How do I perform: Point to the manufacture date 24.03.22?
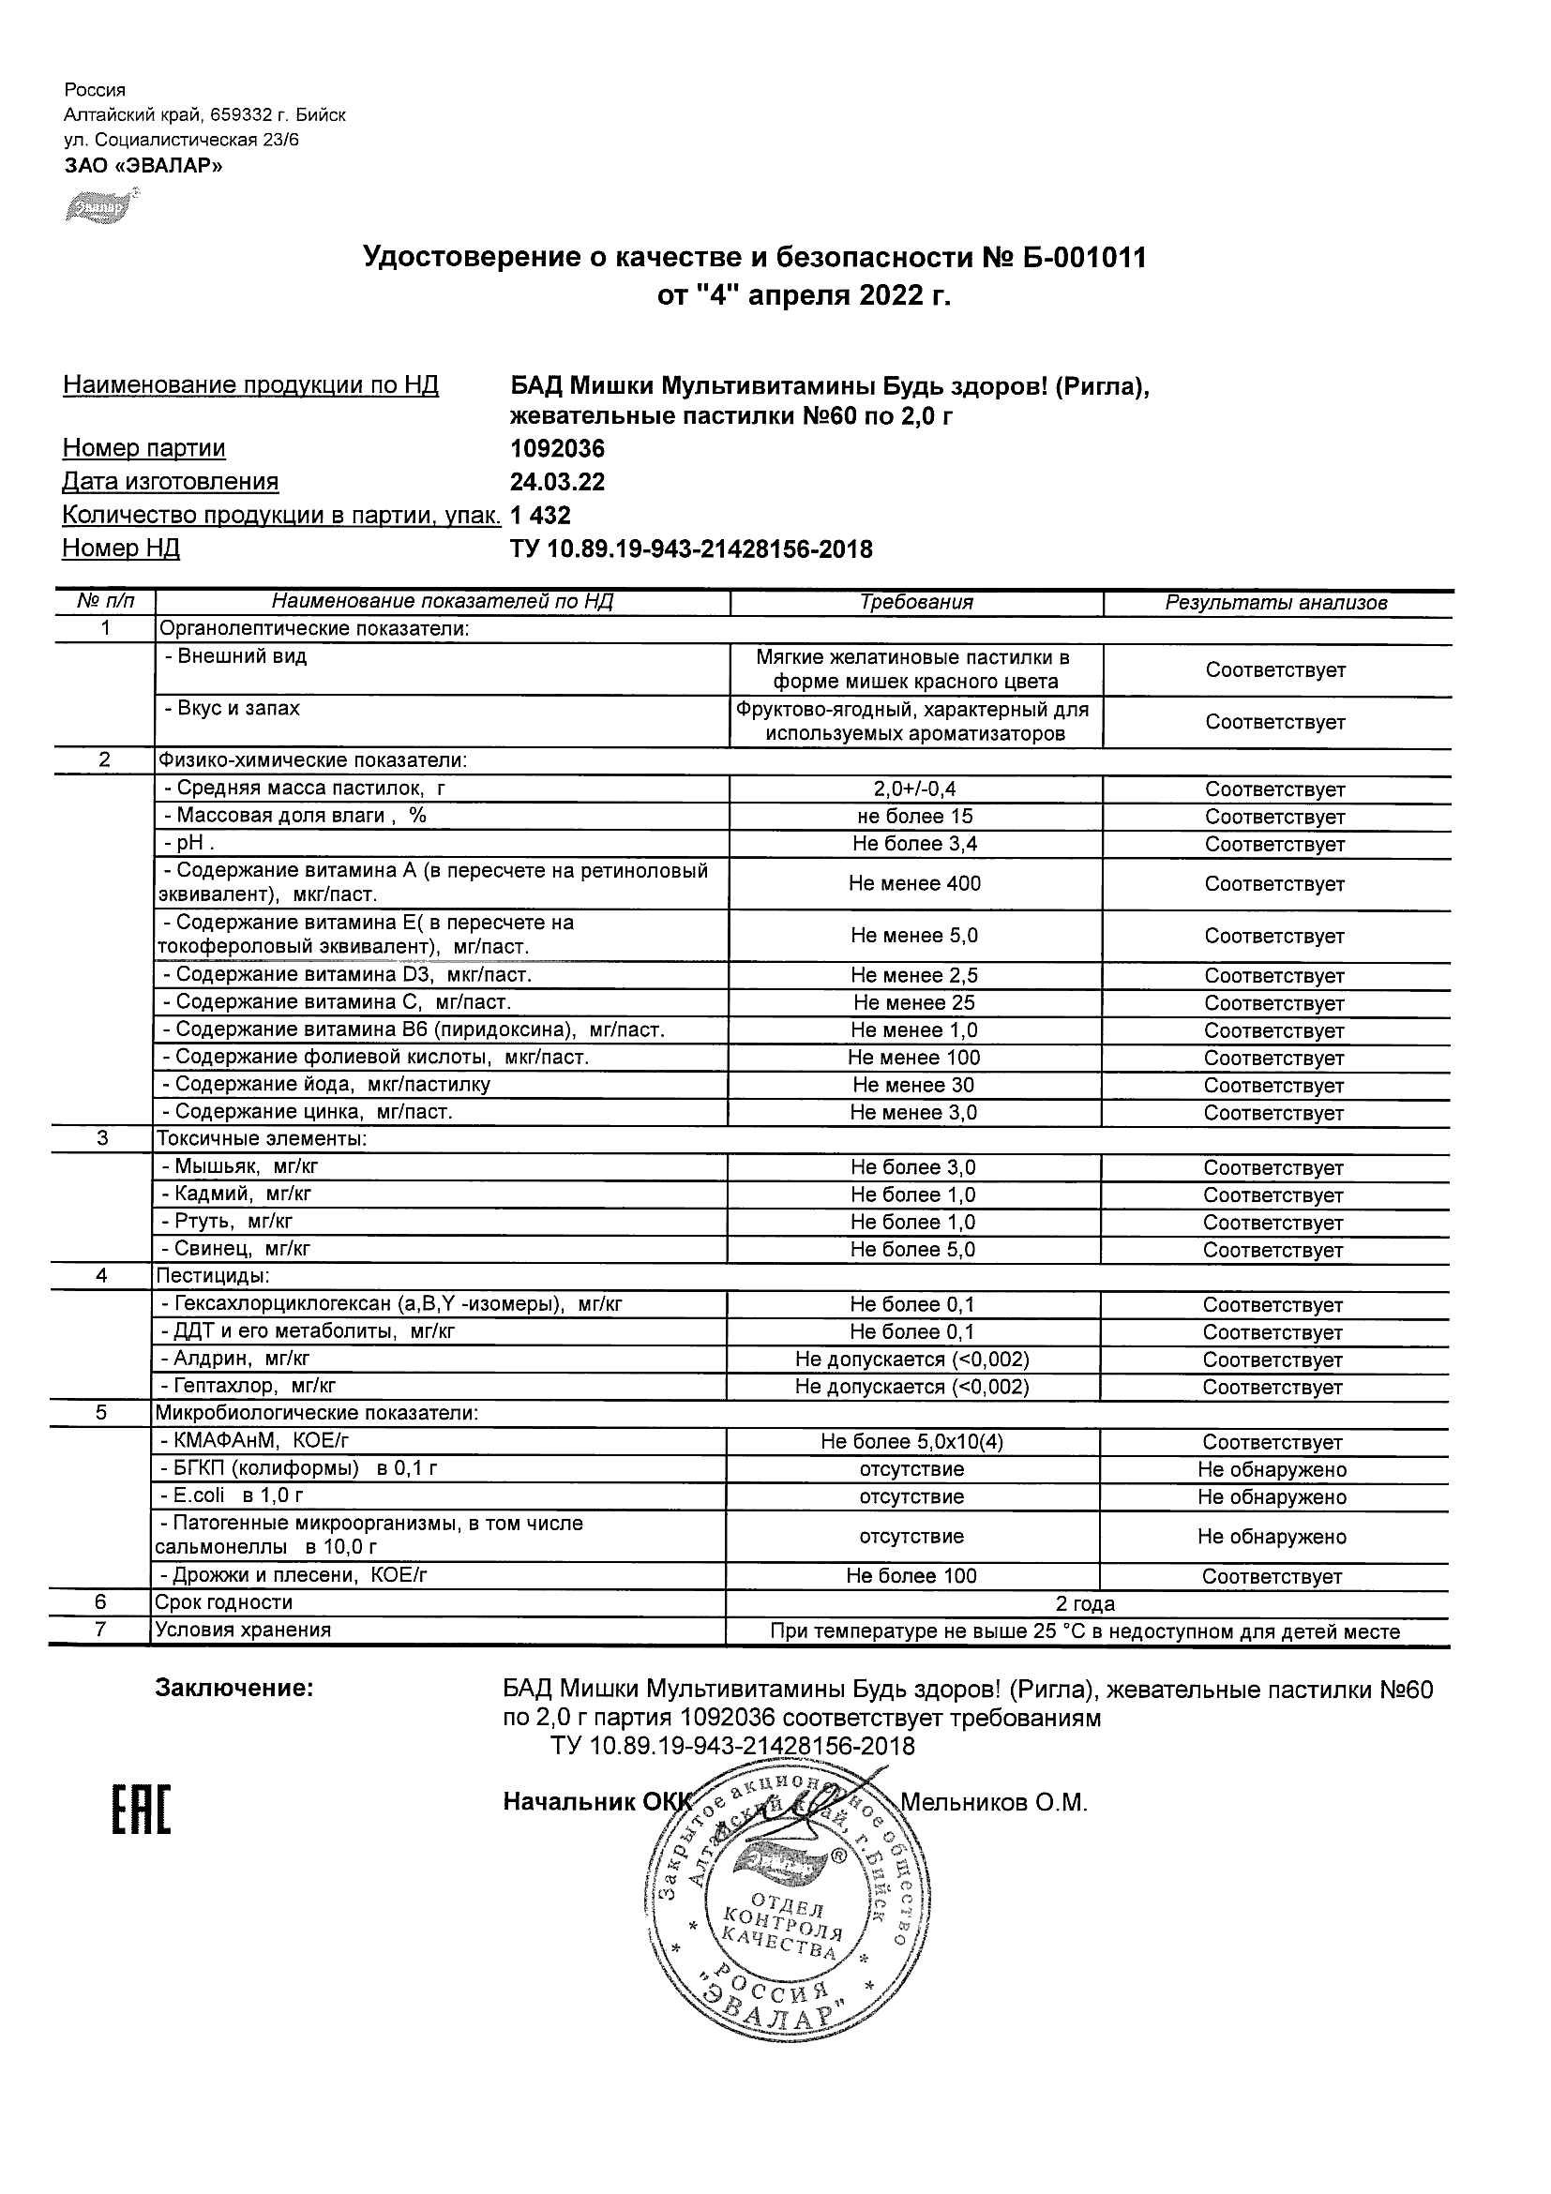click(x=557, y=482)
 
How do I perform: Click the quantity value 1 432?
click(x=540, y=515)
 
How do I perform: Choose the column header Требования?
click(x=915, y=602)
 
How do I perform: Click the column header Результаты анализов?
click(x=1275, y=602)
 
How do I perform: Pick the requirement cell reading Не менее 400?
click(x=914, y=884)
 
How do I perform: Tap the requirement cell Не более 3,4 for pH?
click(x=914, y=844)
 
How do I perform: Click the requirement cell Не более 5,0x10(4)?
click(x=911, y=1442)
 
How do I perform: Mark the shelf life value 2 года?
click(x=1085, y=1603)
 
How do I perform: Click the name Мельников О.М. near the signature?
click(x=994, y=1802)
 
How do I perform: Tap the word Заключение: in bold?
click(x=234, y=1689)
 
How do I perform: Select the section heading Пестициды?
click(x=212, y=1276)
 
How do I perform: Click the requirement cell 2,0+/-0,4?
click(x=914, y=789)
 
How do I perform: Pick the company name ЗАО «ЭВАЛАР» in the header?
click(x=143, y=165)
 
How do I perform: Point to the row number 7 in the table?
click(x=100, y=1630)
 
